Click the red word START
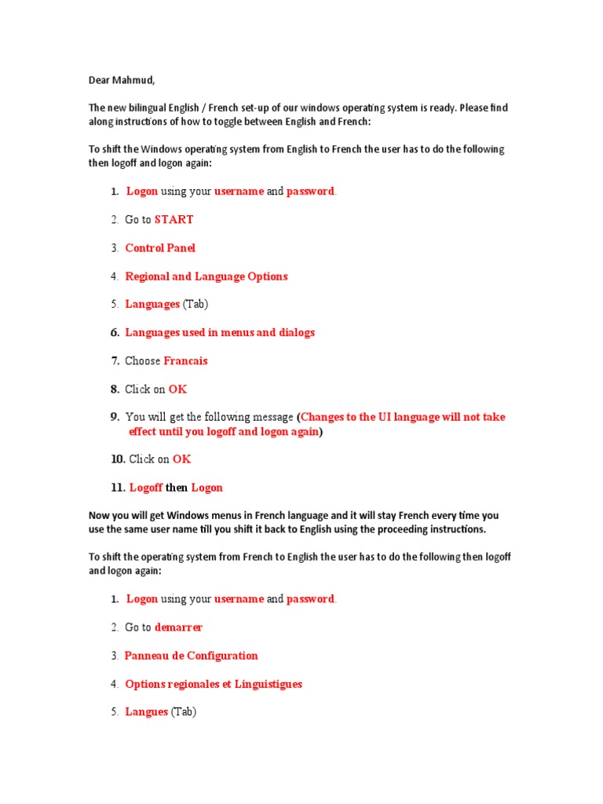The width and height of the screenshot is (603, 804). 174,220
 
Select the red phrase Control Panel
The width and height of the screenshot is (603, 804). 160,248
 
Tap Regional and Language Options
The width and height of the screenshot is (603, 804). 206,276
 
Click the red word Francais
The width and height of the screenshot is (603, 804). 185,361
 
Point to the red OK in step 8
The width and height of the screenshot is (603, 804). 177,389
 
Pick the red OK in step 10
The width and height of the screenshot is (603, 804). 181,459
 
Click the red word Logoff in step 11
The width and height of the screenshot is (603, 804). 146,488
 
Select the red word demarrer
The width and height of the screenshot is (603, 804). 178,627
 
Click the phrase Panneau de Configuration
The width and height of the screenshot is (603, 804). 191,656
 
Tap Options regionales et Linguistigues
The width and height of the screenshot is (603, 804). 214,684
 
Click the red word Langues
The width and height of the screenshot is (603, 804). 146,712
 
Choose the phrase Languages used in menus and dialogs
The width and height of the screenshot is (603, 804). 220,333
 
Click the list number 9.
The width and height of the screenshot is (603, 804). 115,417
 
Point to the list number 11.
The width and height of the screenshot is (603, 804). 118,488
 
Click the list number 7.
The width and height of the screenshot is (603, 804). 115,361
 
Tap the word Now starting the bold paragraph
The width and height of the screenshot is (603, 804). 99,516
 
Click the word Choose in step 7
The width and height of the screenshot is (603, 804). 142,361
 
